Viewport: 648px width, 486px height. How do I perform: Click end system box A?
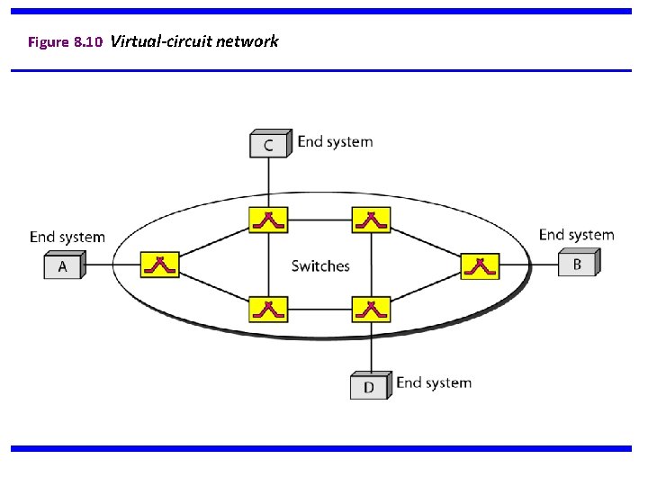click(64, 266)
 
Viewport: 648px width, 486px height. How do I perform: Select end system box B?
click(578, 264)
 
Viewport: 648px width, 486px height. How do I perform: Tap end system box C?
click(270, 144)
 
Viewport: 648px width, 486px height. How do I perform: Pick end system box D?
click(370, 386)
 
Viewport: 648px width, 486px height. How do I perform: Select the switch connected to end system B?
click(480, 265)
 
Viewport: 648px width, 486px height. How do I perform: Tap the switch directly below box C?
click(268, 219)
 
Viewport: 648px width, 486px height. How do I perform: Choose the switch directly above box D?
click(370, 309)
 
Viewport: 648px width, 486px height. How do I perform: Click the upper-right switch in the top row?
click(370, 219)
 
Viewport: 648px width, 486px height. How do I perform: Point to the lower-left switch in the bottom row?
click(268, 309)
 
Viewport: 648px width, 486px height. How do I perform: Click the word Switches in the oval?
click(320, 265)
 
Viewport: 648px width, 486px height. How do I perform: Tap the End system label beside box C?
click(335, 141)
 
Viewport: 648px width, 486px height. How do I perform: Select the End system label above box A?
click(67, 237)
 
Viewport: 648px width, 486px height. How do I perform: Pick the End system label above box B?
click(576, 235)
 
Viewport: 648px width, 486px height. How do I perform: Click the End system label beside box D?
click(434, 382)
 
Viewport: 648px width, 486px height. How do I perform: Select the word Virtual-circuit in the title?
click(162, 41)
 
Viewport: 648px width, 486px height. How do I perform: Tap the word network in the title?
click(248, 41)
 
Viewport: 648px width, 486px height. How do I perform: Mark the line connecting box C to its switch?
click(268, 182)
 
